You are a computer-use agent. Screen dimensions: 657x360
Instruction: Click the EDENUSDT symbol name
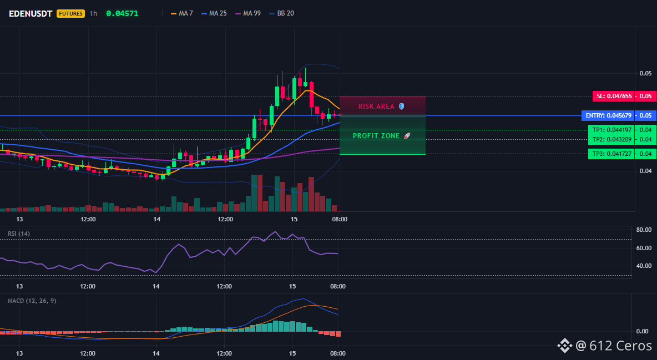(x=31, y=13)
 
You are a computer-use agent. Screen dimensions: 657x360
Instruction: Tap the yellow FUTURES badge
(x=70, y=13)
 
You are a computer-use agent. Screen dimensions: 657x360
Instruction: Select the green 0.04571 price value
(x=122, y=13)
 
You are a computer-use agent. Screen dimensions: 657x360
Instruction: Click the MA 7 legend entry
(x=182, y=13)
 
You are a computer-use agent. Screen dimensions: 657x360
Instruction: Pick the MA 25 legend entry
(x=214, y=13)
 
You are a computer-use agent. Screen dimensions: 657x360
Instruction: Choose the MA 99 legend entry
(x=248, y=13)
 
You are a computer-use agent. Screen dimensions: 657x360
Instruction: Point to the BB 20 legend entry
(x=281, y=13)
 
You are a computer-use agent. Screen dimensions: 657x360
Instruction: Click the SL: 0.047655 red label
(x=614, y=96)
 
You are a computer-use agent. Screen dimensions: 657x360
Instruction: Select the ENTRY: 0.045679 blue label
(x=608, y=115)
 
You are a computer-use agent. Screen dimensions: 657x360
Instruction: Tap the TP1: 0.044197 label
(x=611, y=130)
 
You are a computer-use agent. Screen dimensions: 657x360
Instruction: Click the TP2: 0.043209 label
(x=611, y=139)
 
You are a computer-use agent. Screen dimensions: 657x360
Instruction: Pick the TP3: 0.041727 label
(x=611, y=154)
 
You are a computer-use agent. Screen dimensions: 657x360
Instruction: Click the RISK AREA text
(x=376, y=107)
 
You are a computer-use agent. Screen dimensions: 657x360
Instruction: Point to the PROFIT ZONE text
(x=376, y=136)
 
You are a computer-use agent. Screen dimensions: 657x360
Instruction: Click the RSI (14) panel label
(x=19, y=234)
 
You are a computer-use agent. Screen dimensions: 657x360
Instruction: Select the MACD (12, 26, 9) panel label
(x=32, y=301)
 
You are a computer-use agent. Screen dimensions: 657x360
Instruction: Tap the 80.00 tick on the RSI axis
(x=644, y=230)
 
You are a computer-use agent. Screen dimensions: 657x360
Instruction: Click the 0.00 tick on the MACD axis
(x=643, y=331)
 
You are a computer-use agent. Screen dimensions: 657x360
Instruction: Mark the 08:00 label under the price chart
(x=340, y=219)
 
